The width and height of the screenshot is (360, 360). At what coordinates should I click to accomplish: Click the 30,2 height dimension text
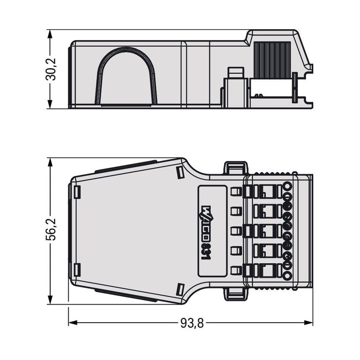click(50, 69)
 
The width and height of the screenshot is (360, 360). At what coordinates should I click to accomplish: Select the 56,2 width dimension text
click(50, 229)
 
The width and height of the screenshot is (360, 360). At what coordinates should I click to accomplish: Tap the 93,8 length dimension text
click(192, 323)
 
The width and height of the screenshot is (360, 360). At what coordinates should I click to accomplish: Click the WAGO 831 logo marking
click(206, 232)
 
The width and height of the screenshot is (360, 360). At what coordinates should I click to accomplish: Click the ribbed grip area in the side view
click(272, 60)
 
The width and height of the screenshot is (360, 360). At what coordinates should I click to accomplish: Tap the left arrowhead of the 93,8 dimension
click(72, 323)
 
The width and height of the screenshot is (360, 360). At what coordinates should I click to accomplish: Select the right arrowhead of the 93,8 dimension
click(309, 323)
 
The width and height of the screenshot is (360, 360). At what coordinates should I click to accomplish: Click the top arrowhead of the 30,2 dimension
click(50, 34)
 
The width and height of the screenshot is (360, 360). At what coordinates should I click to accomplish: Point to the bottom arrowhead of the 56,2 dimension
click(50, 300)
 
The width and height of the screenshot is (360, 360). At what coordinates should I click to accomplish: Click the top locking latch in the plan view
click(236, 168)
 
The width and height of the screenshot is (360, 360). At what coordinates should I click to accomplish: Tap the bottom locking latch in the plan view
click(236, 294)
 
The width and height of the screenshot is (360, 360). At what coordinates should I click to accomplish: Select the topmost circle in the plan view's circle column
click(287, 185)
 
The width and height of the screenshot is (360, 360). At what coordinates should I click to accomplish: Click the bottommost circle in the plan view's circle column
click(287, 276)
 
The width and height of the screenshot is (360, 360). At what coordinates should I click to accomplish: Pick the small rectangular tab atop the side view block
click(235, 72)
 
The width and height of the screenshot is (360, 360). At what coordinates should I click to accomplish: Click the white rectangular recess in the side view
click(270, 88)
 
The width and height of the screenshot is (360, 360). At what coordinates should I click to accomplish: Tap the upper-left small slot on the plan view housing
click(77, 192)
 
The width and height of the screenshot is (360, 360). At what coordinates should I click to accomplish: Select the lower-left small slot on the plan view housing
click(77, 270)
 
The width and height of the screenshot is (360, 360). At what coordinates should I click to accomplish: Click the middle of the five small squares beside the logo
click(236, 231)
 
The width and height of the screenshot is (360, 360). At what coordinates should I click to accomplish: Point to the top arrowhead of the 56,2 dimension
click(50, 162)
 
